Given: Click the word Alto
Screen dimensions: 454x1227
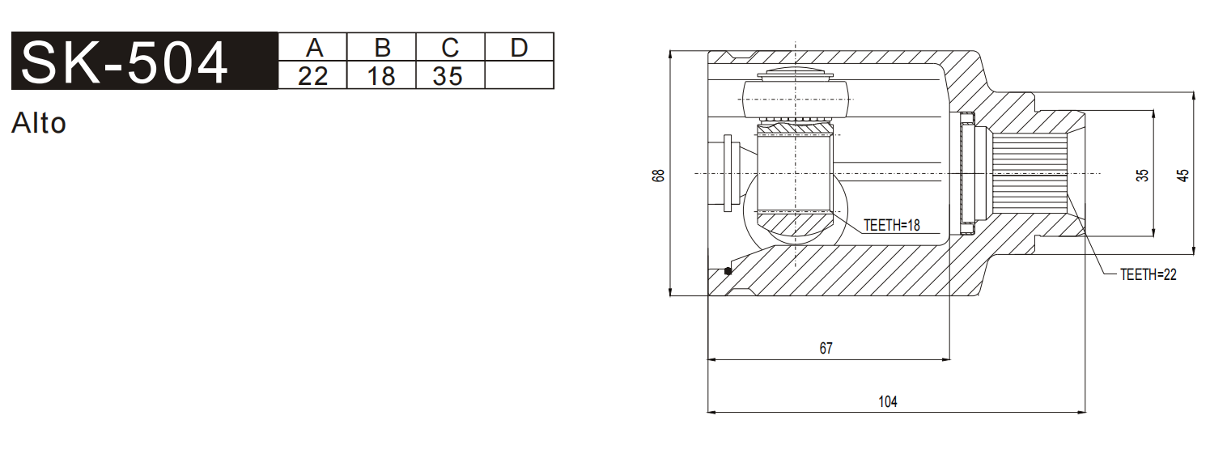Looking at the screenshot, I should point(39,124).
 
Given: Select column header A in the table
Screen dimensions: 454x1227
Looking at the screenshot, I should point(312,47).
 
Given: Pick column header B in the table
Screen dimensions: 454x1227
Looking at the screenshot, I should point(381,47).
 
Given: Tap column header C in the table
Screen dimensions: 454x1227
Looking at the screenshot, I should point(450,47).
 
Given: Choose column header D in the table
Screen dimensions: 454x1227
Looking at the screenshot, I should point(519,47).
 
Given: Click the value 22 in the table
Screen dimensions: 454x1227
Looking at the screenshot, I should point(312,76).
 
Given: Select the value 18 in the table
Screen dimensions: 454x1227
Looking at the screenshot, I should point(381,76).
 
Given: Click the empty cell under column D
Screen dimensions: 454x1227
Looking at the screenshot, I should point(519,76).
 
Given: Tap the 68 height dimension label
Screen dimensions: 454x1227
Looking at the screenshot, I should point(659,175).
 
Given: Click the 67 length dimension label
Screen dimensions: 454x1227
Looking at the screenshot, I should point(826,349).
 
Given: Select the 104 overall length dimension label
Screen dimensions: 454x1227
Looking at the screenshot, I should point(888,401).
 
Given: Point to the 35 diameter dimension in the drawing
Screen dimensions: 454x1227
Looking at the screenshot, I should point(1142,175).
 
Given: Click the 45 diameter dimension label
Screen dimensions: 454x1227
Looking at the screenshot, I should point(1183,175).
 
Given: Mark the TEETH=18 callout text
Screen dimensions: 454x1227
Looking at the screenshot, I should point(891,226).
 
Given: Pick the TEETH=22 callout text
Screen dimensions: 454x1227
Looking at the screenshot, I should point(1148,275).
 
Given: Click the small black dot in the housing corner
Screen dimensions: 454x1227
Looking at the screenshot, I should point(728,270).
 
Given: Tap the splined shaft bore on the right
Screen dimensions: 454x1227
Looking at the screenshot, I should point(1030,174).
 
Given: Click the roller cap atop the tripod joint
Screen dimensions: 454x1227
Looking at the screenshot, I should point(796,75).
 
